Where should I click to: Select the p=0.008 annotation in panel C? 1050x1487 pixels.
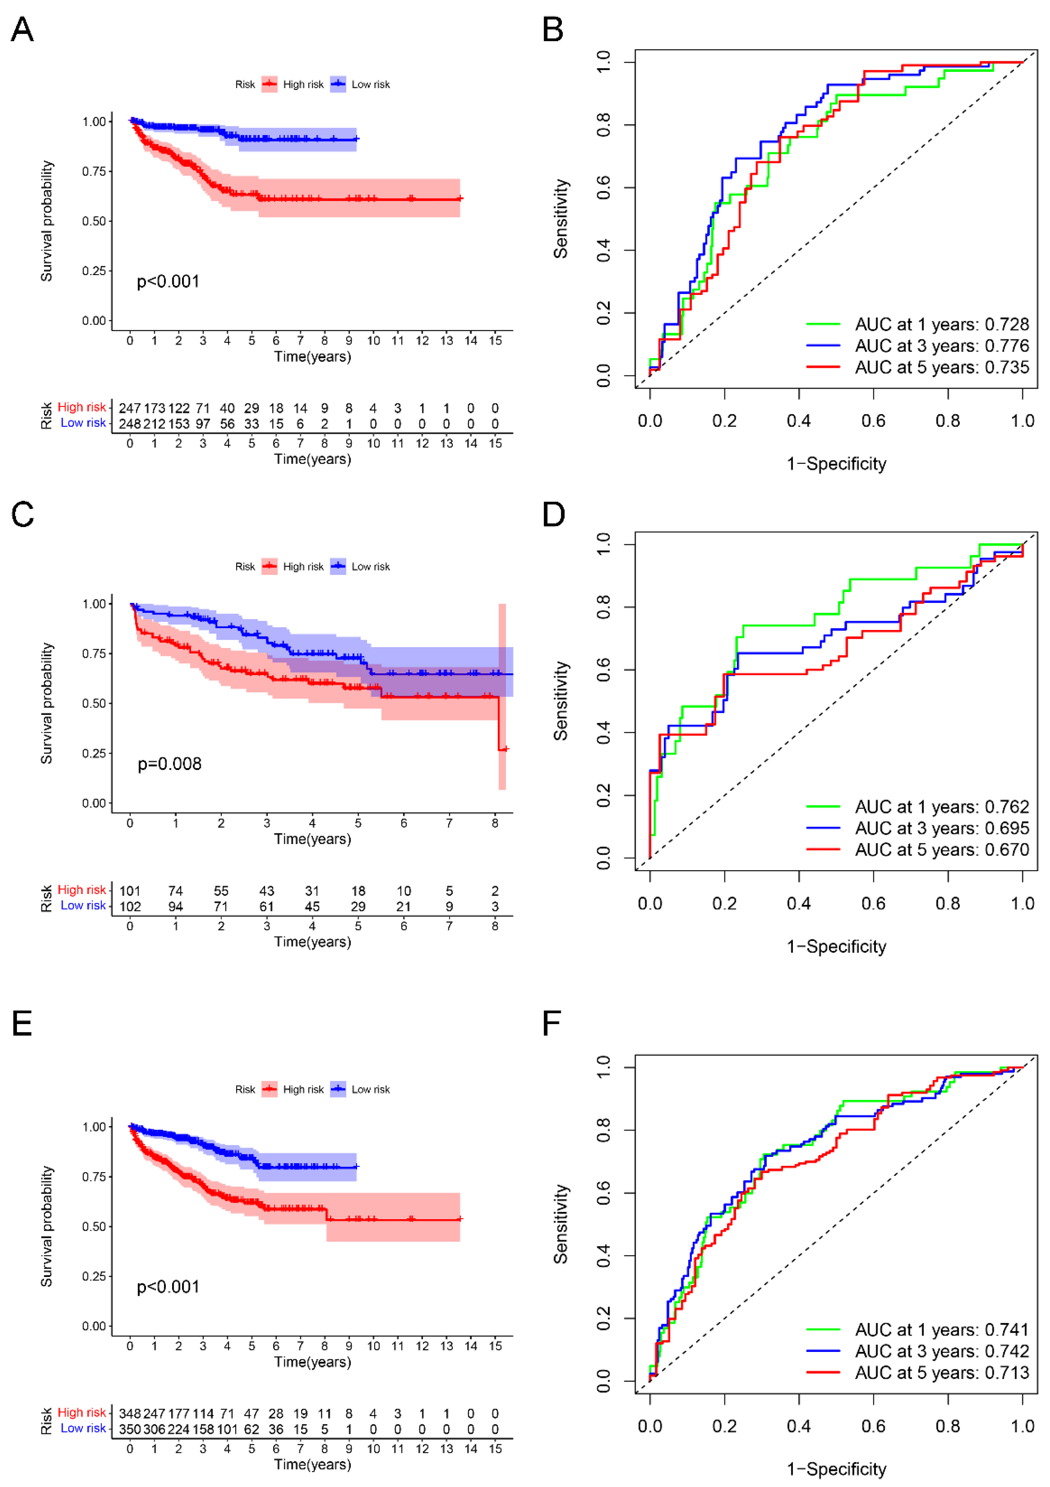pyautogui.click(x=170, y=764)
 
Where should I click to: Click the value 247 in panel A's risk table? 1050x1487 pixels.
pyautogui.click(x=129, y=409)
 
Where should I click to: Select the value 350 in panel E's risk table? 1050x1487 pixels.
pyautogui.click(x=129, y=1429)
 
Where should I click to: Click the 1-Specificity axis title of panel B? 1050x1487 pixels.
pyautogui.click(x=836, y=464)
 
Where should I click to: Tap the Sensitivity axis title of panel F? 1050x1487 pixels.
pyautogui.click(x=561, y=1224)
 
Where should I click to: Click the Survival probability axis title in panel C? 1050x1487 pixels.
pyautogui.click(x=47, y=703)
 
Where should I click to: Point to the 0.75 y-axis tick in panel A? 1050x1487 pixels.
pyautogui.click(x=94, y=172)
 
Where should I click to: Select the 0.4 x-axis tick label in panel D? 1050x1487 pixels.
pyautogui.click(x=799, y=904)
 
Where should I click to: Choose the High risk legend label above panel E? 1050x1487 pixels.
pyautogui.click(x=303, y=1089)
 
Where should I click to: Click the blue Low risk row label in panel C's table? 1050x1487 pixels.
pyautogui.click(x=83, y=906)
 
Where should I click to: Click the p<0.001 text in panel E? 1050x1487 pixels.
pyautogui.click(x=168, y=1287)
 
